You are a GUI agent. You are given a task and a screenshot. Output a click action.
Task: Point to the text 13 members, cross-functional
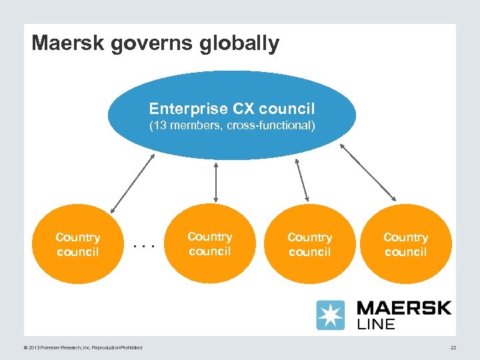coord(232,125)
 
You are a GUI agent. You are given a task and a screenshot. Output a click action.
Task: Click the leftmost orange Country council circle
coord(79,244)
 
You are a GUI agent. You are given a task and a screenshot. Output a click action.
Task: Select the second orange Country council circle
coord(210,244)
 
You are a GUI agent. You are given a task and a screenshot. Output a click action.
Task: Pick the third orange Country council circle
coord(309,244)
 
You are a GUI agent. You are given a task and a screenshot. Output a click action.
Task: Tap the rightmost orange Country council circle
coord(405,244)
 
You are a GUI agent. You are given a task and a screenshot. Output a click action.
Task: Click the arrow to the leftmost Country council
coord(132,183)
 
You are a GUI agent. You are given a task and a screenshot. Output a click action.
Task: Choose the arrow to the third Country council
coord(301,179)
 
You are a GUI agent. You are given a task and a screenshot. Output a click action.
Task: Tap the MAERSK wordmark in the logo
coord(404,309)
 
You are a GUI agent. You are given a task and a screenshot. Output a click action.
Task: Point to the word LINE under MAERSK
coord(377,325)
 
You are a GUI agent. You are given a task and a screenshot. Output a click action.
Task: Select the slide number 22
coord(453,347)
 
